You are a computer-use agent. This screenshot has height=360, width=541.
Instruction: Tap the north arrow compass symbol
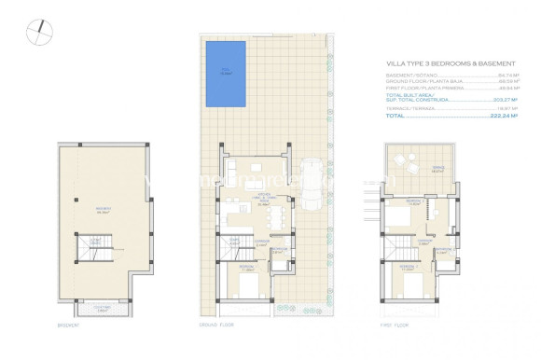(35, 32)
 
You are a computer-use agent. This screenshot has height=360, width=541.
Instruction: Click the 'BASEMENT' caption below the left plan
(68, 325)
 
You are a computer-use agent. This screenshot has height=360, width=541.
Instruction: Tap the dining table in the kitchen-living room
(277, 218)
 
